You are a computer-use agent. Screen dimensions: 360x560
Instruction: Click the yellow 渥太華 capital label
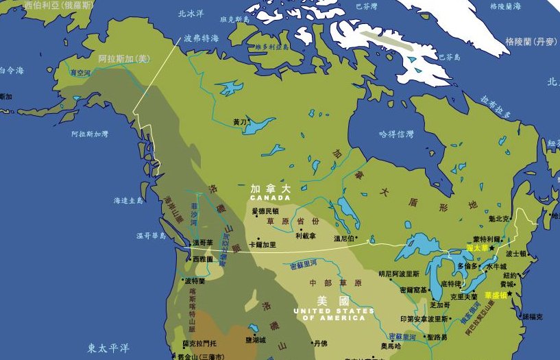pyautogui.click(x=477, y=247)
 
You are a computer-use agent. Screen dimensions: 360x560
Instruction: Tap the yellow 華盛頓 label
pyautogui.click(x=496, y=295)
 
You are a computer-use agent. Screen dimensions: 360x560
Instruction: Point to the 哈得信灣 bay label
pyautogui.click(x=396, y=134)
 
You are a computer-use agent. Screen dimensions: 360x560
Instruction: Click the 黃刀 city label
pyautogui.click(x=239, y=122)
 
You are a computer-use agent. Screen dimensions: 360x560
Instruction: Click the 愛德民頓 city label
pyautogui.click(x=265, y=211)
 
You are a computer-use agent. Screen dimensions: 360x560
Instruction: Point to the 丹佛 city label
pyautogui.click(x=320, y=343)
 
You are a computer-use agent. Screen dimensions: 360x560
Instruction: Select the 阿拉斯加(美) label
pyautogui.click(x=123, y=59)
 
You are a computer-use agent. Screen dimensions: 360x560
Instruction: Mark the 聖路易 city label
pyautogui.click(x=437, y=337)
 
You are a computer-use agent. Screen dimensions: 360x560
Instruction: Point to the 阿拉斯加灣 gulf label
pyautogui.click(x=90, y=134)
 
